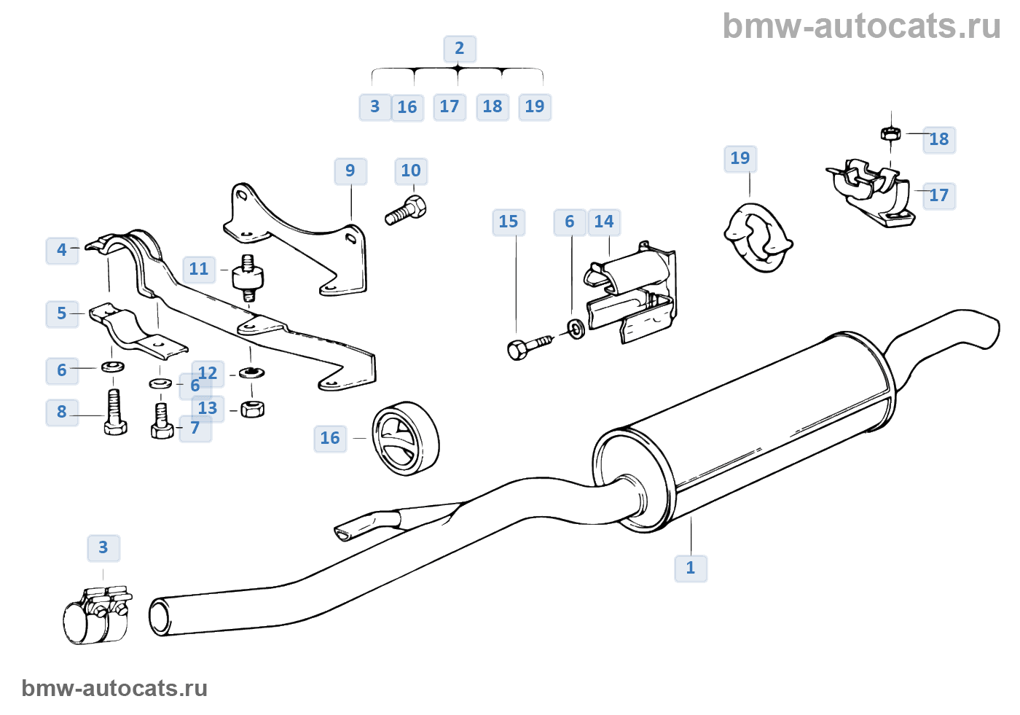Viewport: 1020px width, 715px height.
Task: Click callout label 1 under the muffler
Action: pyautogui.click(x=691, y=569)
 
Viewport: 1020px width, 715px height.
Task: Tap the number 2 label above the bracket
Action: pyautogui.click(x=460, y=49)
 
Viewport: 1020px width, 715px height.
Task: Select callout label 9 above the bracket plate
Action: pyautogui.click(x=350, y=171)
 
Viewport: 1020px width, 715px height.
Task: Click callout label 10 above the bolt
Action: pyautogui.click(x=411, y=171)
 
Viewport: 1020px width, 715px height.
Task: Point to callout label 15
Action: pyautogui.click(x=509, y=222)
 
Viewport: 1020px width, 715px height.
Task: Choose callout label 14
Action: pyautogui.click(x=604, y=222)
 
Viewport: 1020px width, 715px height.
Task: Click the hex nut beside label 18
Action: pyautogui.click(x=890, y=134)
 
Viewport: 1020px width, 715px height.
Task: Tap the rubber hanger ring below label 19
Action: pyautogui.click(x=758, y=238)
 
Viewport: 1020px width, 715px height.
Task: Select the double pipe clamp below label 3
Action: pyautogui.click(x=98, y=615)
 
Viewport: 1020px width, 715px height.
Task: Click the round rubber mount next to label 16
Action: pyautogui.click(x=405, y=439)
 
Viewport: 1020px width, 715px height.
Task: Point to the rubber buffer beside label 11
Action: pyautogui.click(x=248, y=278)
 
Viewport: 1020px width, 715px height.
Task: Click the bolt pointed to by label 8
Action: pyautogui.click(x=115, y=412)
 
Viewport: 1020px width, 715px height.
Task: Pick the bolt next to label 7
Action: pyautogui.click(x=162, y=421)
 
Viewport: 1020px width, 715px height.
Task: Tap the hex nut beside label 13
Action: pyautogui.click(x=252, y=409)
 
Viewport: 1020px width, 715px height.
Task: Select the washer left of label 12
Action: pyautogui.click(x=251, y=372)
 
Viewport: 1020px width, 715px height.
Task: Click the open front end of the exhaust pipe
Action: pyautogui.click(x=160, y=617)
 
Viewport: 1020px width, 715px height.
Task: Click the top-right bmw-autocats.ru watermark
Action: pyautogui.click(x=860, y=26)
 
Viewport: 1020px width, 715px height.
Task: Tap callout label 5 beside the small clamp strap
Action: pyautogui.click(x=62, y=314)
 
